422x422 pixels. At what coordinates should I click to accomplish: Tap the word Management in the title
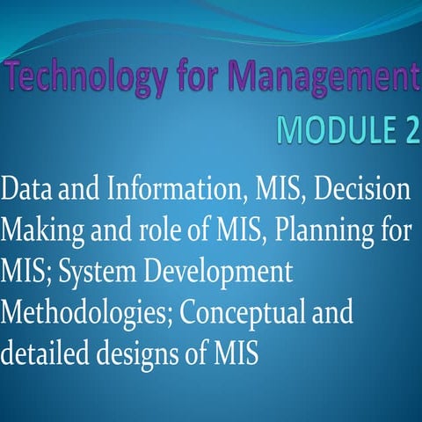(328, 81)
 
